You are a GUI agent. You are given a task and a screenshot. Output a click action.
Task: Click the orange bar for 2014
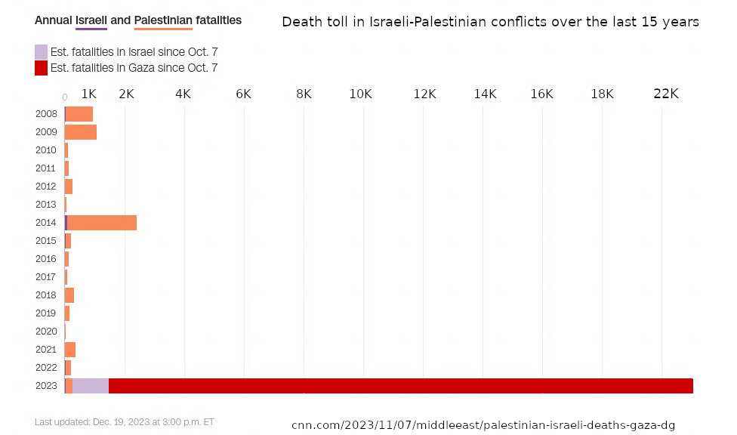pyautogui.click(x=102, y=223)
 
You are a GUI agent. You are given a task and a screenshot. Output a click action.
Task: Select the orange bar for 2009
pyautogui.click(x=81, y=132)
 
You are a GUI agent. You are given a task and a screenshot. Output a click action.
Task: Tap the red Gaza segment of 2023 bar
pyautogui.click(x=400, y=386)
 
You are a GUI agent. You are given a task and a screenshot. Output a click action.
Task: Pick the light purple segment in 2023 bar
pyautogui.click(x=91, y=386)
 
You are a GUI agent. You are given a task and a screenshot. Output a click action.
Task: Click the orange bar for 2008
pyautogui.click(x=80, y=114)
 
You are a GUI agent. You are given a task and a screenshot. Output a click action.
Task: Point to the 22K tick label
pyautogui.click(x=666, y=94)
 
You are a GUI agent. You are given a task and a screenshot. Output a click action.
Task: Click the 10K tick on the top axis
pyautogui.click(x=361, y=94)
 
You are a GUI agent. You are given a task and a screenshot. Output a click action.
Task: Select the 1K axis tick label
pyautogui.click(x=88, y=94)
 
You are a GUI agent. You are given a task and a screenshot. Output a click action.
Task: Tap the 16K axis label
pyautogui.click(x=541, y=94)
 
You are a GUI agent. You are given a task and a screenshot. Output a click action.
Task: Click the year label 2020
pyautogui.click(x=46, y=332)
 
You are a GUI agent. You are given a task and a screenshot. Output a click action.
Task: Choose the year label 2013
pyautogui.click(x=46, y=205)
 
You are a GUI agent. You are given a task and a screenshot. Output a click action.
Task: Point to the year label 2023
pyautogui.click(x=46, y=386)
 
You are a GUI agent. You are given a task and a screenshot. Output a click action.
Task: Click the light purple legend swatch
pyautogui.click(x=41, y=52)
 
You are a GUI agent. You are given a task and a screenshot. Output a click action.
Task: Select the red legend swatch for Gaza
pyautogui.click(x=41, y=68)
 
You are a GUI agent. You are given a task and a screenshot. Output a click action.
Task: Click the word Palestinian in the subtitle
pyautogui.click(x=162, y=20)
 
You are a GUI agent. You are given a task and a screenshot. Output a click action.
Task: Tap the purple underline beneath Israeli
pyautogui.click(x=91, y=29)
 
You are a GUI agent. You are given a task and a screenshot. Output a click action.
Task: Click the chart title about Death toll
pyautogui.click(x=490, y=22)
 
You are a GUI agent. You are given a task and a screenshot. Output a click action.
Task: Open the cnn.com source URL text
pyautogui.click(x=483, y=425)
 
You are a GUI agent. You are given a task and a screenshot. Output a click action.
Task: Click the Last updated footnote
pyautogui.click(x=125, y=422)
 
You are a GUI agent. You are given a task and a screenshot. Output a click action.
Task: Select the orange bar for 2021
pyautogui.click(x=70, y=350)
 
